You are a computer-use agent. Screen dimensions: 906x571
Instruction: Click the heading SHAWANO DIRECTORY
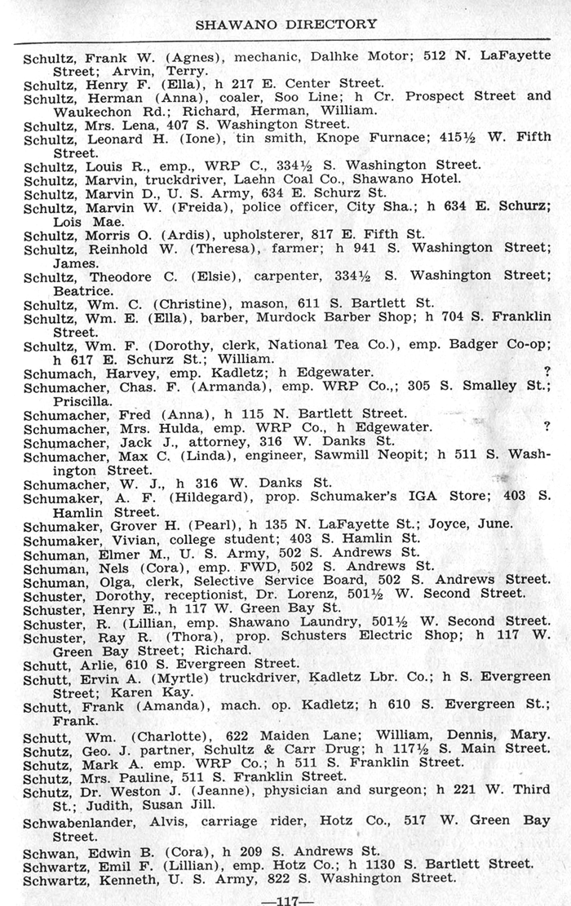(286, 24)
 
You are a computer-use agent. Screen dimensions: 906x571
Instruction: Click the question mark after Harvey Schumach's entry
(547, 372)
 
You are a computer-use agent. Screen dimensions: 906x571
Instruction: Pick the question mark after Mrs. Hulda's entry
(547, 426)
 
